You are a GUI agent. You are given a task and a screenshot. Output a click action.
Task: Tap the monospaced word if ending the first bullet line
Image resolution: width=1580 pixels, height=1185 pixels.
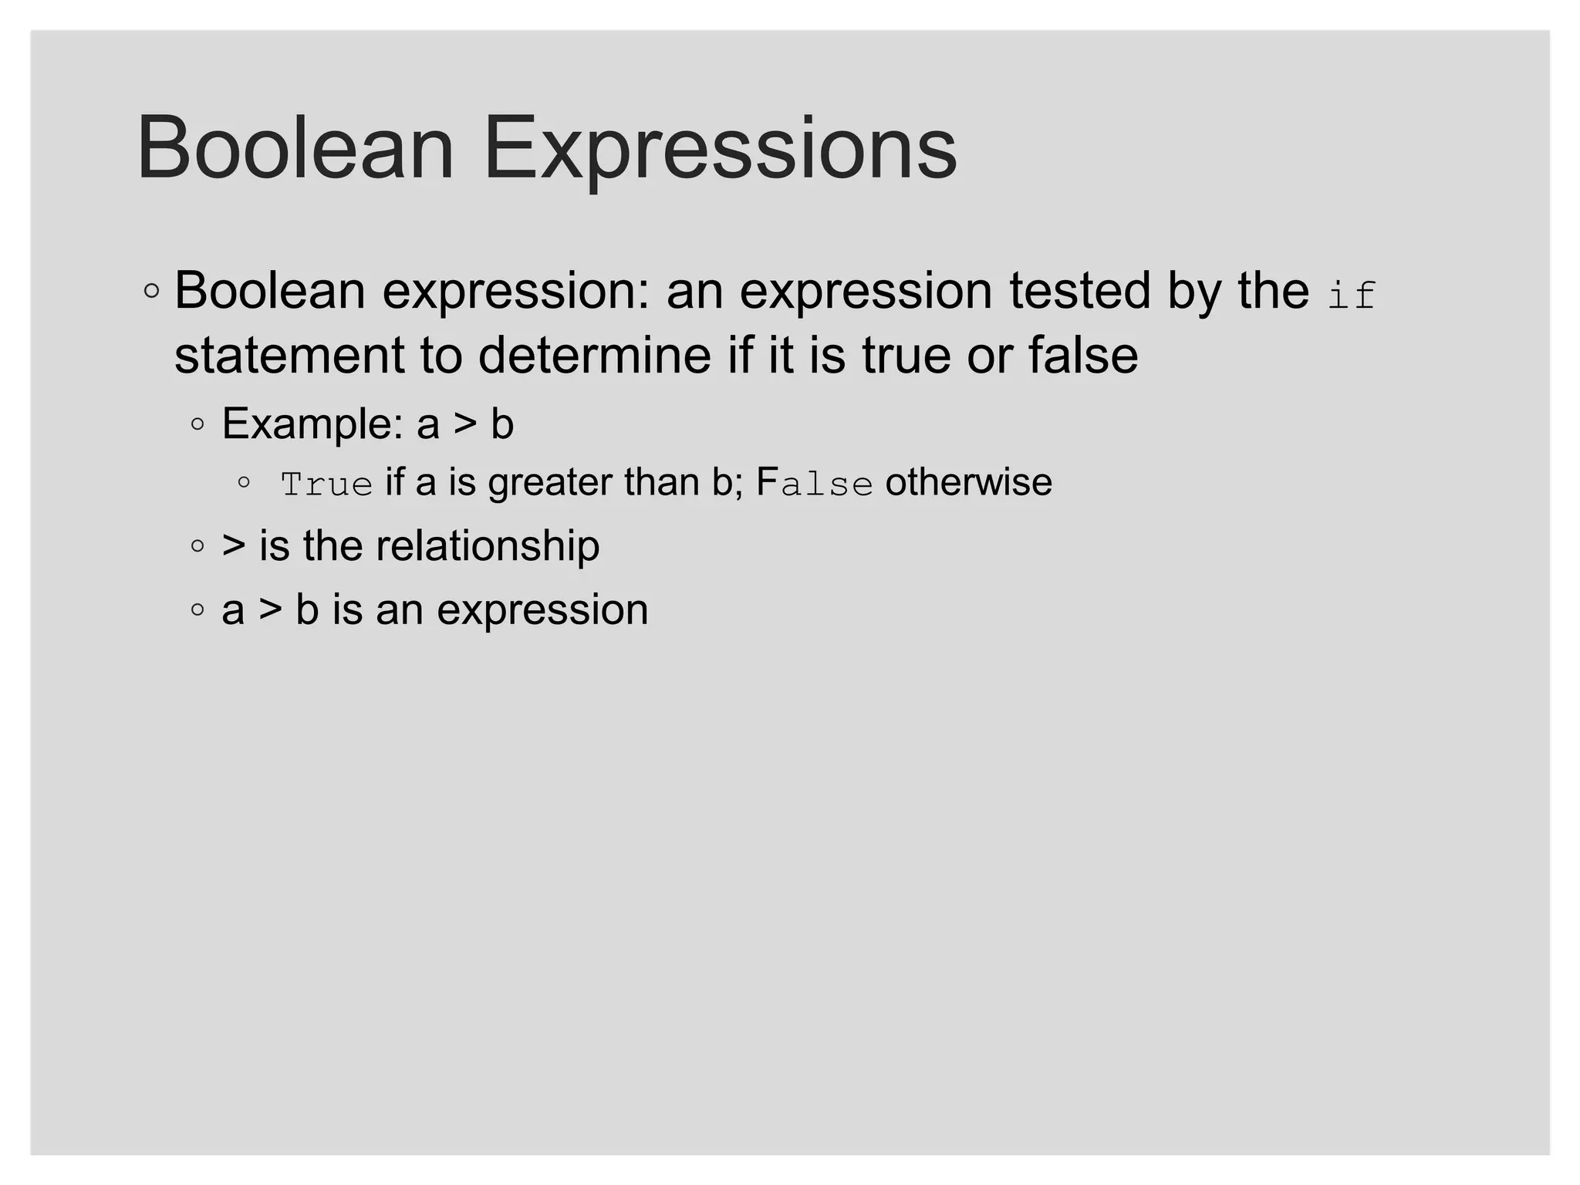pos(1352,295)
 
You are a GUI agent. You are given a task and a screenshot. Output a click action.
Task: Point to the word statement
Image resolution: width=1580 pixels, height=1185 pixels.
pos(289,356)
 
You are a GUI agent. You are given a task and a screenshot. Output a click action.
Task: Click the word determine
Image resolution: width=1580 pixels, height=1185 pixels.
pos(594,356)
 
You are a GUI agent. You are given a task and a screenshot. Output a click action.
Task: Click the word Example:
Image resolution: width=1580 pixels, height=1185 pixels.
pos(312,424)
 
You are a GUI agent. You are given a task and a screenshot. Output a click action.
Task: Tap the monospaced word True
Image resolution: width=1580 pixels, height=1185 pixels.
pos(326,484)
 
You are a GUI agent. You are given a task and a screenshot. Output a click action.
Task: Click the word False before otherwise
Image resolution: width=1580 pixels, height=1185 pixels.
pos(815,484)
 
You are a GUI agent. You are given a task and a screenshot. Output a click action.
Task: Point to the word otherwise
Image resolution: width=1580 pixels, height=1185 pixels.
pos(968,483)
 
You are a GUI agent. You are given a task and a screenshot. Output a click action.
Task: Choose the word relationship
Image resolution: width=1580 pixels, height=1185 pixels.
pos(488,546)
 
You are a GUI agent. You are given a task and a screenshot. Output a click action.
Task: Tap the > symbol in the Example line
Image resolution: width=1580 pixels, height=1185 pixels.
pos(465,424)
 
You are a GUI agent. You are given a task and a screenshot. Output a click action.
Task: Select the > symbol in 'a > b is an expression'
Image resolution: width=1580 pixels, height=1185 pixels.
pos(270,610)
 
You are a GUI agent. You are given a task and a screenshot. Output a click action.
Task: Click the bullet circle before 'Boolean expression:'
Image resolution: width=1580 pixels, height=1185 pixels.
pos(152,291)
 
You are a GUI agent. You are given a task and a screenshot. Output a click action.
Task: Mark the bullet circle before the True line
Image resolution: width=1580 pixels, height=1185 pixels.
pos(244,483)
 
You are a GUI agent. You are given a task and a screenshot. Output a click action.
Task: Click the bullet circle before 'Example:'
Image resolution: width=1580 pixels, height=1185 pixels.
pos(198,424)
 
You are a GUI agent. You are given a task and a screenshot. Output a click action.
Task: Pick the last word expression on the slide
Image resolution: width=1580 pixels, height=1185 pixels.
pos(542,610)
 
